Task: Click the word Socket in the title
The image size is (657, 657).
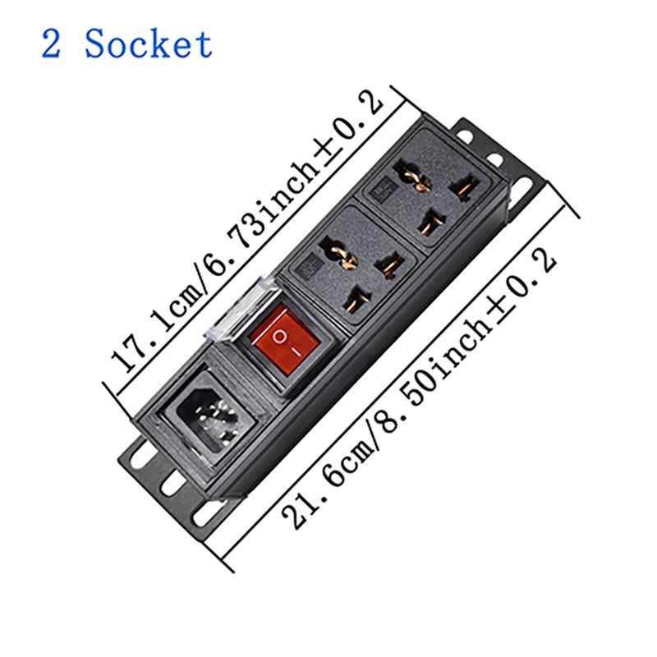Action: (149, 44)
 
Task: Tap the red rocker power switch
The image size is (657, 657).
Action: (281, 338)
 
